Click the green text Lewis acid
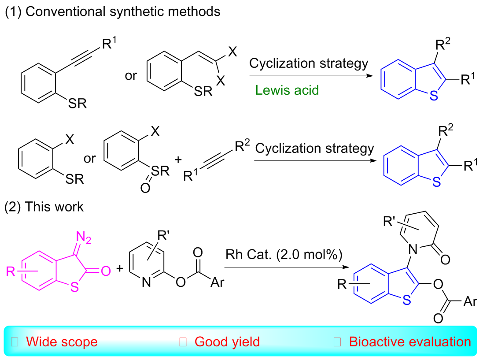(287, 90)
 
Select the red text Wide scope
(62, 341)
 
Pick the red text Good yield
(227, 341)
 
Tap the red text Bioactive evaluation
(410, 341)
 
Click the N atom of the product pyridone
(413, 251)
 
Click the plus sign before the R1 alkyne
(178, 159)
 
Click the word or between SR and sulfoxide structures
(90, 158)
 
